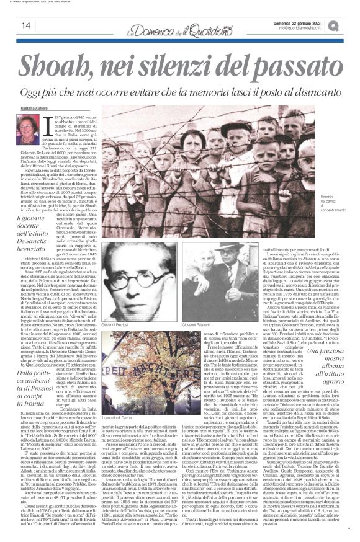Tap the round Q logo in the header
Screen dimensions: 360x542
(x=350, y=25)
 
